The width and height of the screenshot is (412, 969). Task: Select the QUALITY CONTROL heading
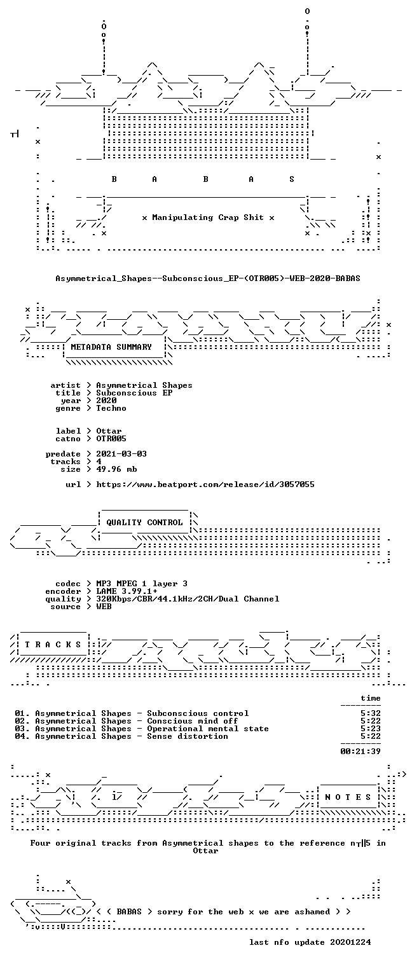[144, 523]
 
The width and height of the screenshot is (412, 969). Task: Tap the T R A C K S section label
[53, 645]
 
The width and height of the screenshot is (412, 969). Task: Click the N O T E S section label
[348, 797]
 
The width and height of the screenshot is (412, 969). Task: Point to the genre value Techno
[111, 408]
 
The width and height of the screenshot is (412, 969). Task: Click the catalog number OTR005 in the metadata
[111, 439]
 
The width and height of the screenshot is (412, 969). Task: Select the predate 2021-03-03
[121, 454]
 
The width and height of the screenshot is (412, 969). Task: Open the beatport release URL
[205, 484]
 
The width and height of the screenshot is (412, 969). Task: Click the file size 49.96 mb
[116, 469]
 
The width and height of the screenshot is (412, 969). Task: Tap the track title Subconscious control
[198, 713]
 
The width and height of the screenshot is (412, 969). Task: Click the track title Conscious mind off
[193, 721]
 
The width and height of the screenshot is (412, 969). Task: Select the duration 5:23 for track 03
[371, 729]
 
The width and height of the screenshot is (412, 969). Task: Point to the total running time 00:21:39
[360, 752]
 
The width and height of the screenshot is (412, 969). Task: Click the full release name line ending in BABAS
[208, 278]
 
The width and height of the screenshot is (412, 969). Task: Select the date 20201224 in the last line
[350, 942]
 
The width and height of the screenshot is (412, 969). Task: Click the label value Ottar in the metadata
[109, 431]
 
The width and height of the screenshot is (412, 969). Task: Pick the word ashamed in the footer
[312, 912]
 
